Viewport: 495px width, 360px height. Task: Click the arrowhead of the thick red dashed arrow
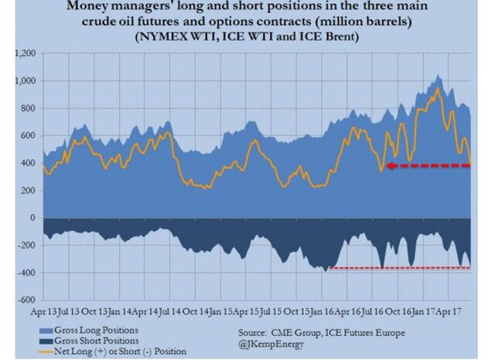click(x=391, y=166)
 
